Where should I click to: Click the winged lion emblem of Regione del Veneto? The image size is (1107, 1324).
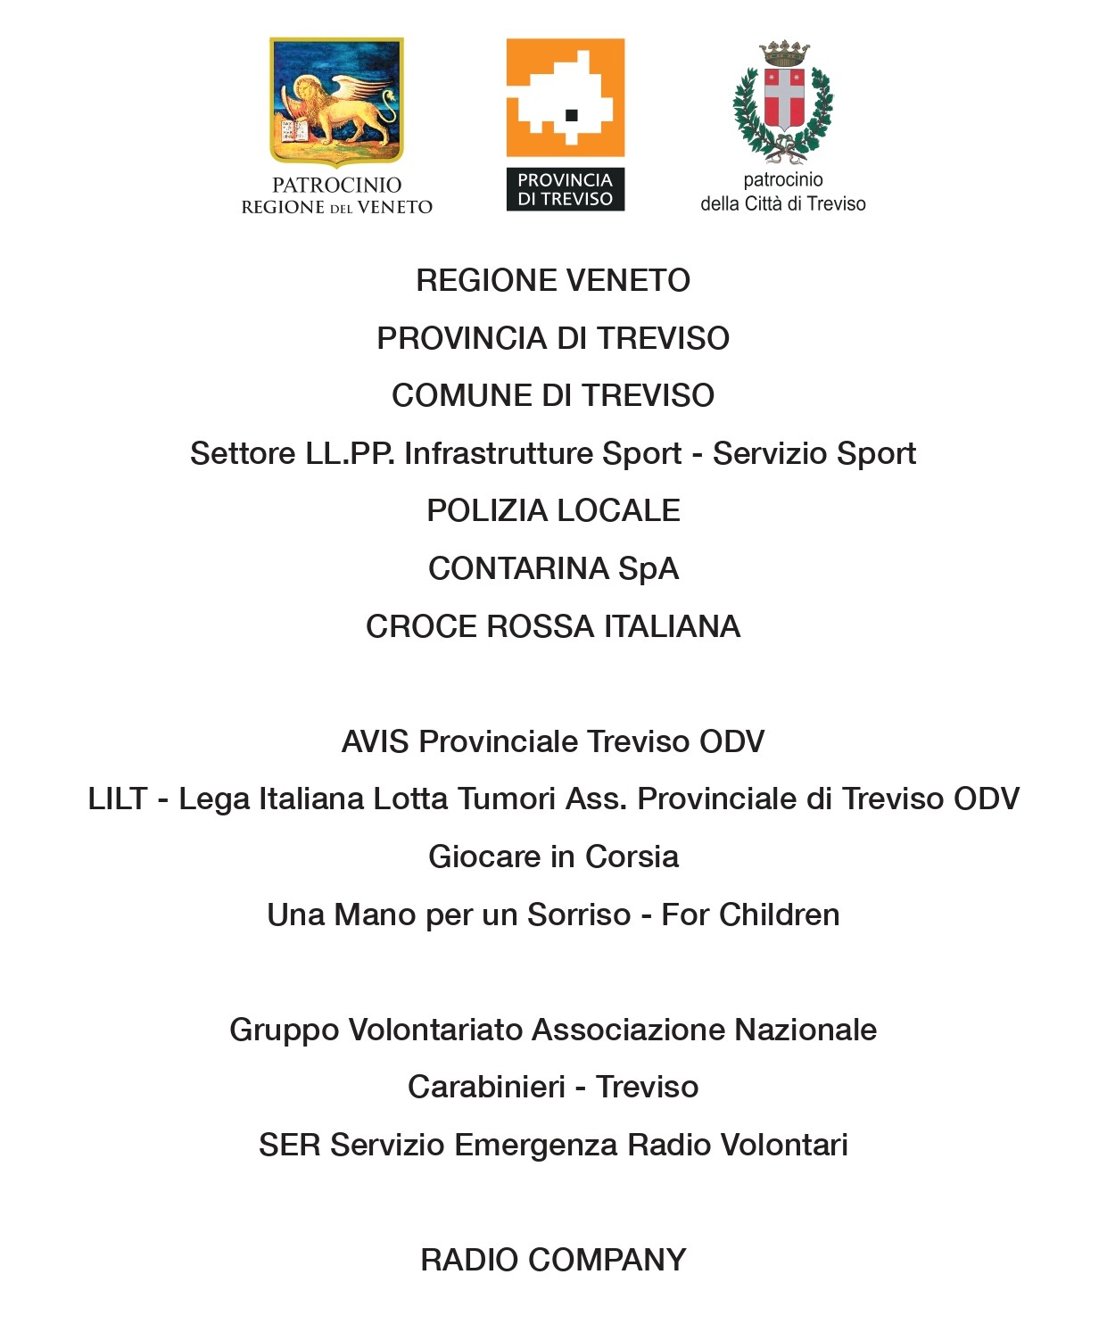click(x=336, y=101)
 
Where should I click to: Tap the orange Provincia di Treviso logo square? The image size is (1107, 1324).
click(x=565, y=97)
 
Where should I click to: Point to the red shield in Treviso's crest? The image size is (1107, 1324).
click(x=784, y=98)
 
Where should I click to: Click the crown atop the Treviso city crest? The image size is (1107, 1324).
click(x=784, y=53)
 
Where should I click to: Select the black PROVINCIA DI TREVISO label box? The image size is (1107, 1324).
click(x=565, y=189)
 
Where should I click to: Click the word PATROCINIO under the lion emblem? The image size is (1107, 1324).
click(x=336, y=185)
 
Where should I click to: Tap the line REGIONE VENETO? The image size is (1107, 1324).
click(x=553, y=280)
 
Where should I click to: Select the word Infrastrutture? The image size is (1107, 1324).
click(x=542, y=453)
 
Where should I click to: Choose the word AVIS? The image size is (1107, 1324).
click(x=375, y=741)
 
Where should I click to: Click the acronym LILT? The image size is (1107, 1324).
click(x=117, y=799)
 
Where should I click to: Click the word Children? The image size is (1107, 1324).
click(x=779, y=914)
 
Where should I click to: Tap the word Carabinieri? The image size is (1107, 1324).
click(x=486, y=1087)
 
